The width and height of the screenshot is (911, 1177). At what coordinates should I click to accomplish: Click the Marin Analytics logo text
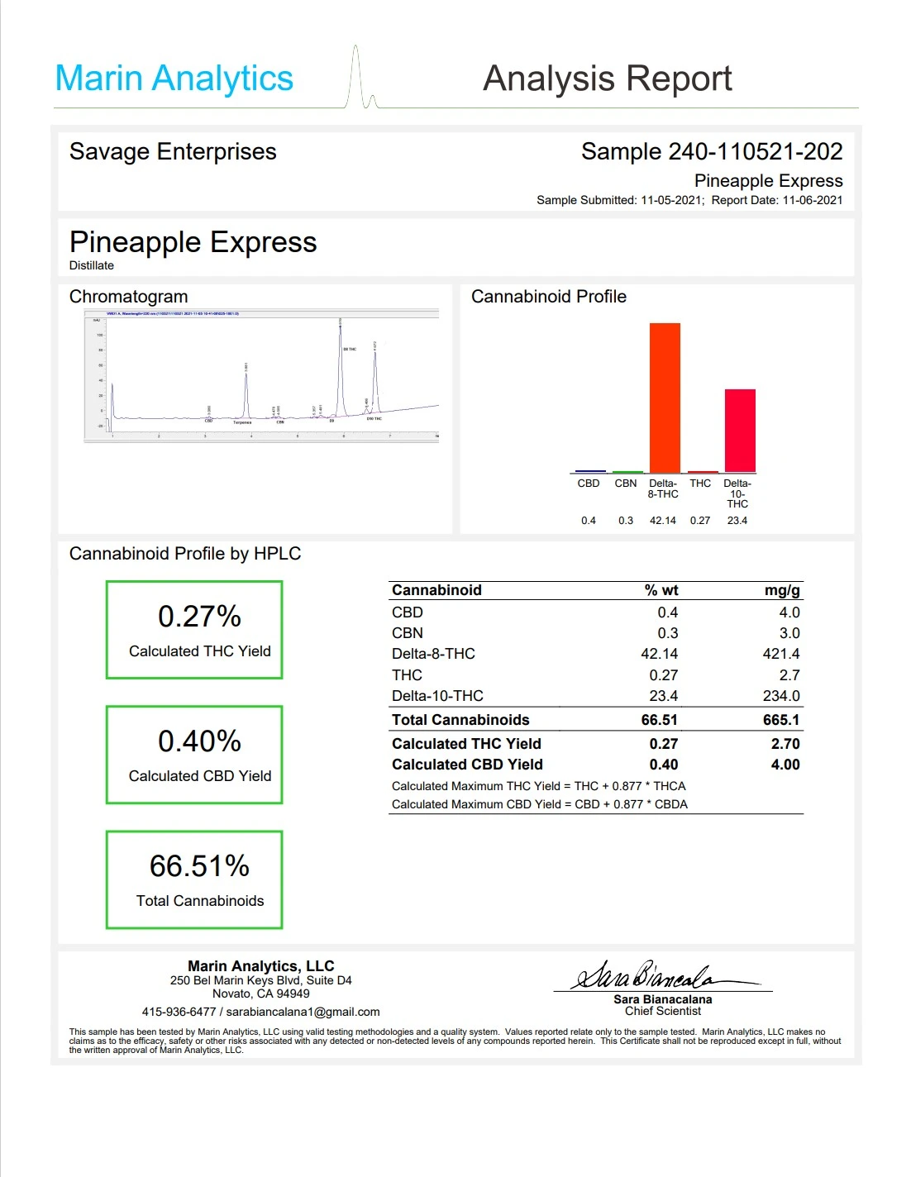point(174,79)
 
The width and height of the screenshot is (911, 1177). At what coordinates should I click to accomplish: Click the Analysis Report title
point(607,79)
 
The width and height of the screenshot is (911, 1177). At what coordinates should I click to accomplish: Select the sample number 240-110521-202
point(755,151)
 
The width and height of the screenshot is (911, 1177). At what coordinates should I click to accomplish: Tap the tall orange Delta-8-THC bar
point(665,397)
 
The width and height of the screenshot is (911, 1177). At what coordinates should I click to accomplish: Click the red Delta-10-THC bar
point(740,430)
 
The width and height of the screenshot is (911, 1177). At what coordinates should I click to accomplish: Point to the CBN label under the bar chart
point(626,484)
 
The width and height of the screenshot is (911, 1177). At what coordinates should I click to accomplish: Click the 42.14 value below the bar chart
point(663,521)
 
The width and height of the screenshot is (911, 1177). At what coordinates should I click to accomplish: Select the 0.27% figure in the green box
point(199,617)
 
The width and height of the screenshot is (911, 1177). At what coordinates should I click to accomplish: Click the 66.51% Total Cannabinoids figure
point(199,866)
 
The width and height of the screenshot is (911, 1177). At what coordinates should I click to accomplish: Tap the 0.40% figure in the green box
point(199,741)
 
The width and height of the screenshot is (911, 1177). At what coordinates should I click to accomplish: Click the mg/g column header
point(782,590)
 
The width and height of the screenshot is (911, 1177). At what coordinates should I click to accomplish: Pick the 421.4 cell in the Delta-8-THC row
point(781,654)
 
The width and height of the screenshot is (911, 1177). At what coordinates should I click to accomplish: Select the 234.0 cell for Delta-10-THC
point(781,696)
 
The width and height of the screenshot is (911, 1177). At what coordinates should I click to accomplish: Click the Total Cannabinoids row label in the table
point(460,720)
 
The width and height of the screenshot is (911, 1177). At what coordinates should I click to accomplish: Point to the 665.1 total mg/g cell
point(781,720)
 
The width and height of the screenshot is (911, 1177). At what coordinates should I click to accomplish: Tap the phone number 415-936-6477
point(179,1012)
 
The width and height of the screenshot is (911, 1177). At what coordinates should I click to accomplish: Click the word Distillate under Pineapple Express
point(92,265)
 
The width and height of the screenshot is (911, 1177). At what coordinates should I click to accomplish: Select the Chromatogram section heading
point(128,297)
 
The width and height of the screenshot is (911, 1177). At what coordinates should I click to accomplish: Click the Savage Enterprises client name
point(173,152)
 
